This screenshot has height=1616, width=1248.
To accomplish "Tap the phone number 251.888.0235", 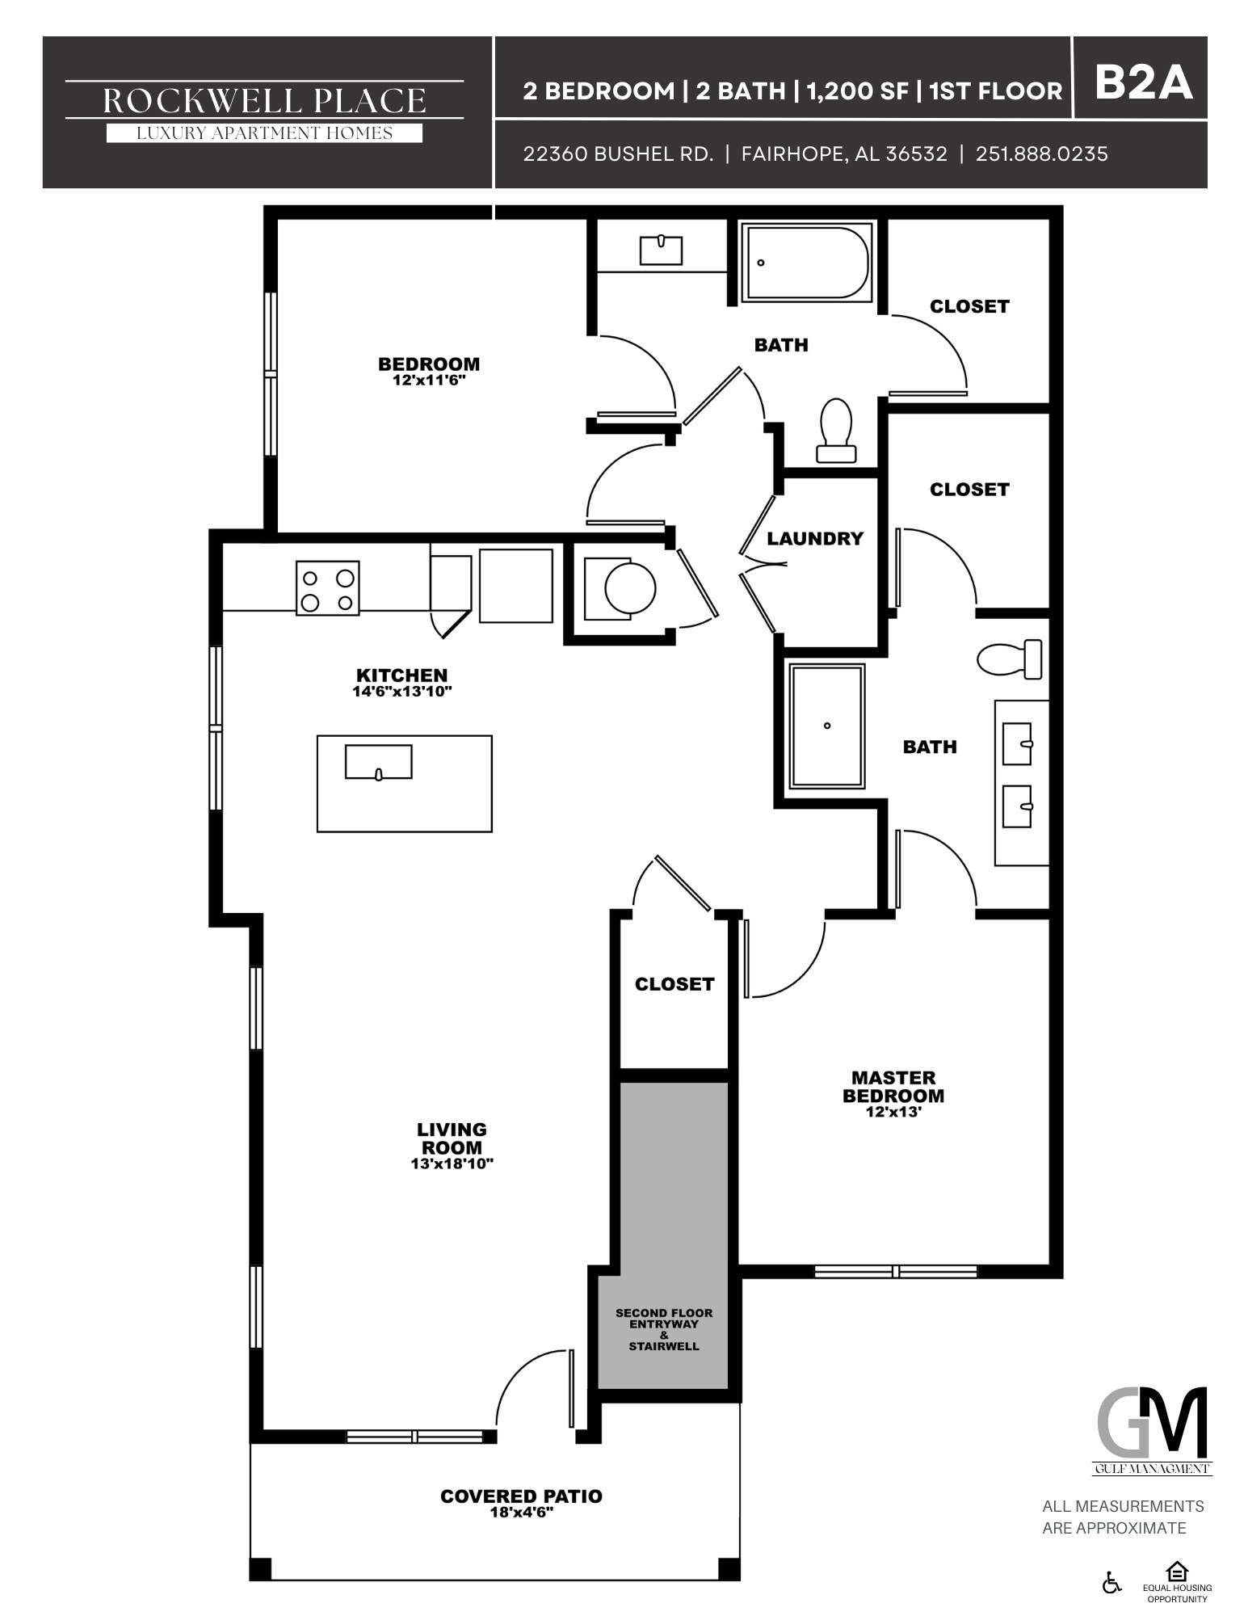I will click(1041, 154).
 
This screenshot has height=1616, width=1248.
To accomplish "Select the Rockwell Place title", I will click(264, 100).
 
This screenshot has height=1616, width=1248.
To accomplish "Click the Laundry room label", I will click(814, 539).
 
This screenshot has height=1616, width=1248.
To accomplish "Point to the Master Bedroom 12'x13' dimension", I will click(893, 1112).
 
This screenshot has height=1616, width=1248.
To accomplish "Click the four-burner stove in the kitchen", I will click(327, 588).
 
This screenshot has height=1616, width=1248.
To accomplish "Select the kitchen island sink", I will click(378, 762).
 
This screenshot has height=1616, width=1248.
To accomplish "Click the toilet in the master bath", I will click(1009, 659).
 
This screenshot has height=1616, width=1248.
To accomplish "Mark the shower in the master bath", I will click(827, 726).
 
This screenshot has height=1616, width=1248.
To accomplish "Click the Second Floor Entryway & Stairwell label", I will click(663, 1329).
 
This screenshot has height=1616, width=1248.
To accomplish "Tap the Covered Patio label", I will click(521, 1496).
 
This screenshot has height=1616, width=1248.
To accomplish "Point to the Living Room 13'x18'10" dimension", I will click(452, 1164).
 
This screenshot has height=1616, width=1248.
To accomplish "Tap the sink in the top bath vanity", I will click(661, 250).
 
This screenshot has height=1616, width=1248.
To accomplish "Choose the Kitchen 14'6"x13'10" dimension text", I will click(401, 692).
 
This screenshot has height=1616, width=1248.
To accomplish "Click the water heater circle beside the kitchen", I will click(630, 587).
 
